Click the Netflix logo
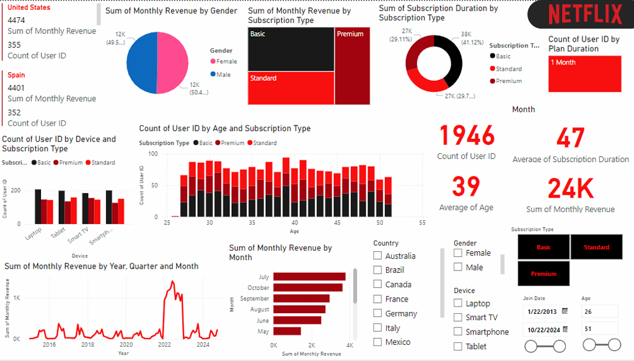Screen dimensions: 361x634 click(585, 14)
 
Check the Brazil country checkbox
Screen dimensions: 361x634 click(377, 270)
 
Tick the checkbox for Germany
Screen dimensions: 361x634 click(377, 313)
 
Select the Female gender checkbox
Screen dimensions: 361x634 click(458, 253)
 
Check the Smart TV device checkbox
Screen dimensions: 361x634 click(458, 318)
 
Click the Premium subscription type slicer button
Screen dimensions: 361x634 click(543, 274)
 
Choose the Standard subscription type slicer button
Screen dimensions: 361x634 click(596, 247)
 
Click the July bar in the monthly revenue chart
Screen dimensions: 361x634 click(309, 277)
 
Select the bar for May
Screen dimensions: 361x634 click(287, 331)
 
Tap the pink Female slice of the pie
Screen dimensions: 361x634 click(174, 59)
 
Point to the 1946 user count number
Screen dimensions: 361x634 click(467, 136)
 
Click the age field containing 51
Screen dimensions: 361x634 click(599, 328)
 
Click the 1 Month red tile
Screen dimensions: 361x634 click(584, 74)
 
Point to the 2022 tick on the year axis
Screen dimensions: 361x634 click(165, 345)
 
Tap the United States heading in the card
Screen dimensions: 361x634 click(29, 8)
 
